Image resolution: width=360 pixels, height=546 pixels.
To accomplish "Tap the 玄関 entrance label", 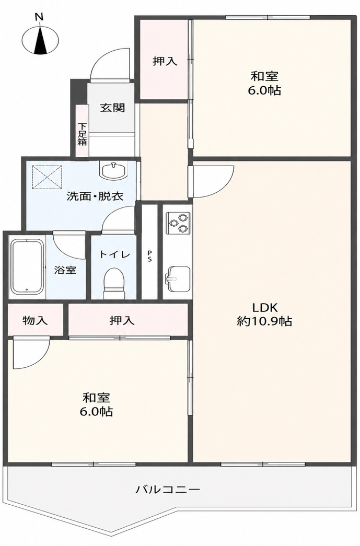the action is pos(112,108).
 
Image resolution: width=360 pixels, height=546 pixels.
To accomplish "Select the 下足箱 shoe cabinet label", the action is pos(82,134).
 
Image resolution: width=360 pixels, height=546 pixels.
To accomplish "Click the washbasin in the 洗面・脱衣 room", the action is pos(114,170).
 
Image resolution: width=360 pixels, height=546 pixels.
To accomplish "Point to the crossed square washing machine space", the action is pos(47,177).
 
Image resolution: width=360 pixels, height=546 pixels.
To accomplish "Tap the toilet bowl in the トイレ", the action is pos(114,283).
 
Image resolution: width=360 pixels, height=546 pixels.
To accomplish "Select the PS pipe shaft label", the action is pos(149,256).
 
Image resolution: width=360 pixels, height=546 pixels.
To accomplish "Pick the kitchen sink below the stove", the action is pos(178,277).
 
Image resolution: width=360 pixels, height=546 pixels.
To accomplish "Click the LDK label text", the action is pos(264,307).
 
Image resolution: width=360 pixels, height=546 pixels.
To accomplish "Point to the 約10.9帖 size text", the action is pos(264,321).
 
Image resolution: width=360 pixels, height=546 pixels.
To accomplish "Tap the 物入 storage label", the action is pos(35,320).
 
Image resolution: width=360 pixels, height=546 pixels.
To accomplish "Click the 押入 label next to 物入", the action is pos(122,320).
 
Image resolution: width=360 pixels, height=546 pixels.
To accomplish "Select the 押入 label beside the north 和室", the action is pos(165,61).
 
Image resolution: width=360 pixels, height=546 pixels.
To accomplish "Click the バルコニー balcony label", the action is pos(168,490).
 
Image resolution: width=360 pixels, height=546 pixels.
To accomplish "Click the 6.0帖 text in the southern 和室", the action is pos(97,412).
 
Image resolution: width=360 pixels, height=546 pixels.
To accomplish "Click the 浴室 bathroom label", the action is pos(65,270).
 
